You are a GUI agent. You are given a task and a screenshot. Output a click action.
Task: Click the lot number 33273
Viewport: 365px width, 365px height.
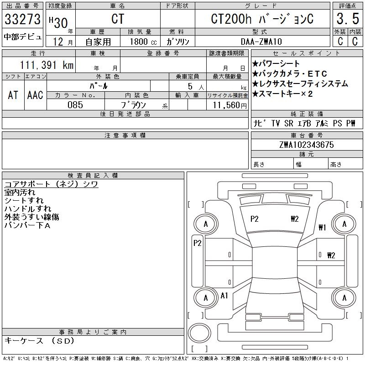pyautogui.click(x=23, y=20)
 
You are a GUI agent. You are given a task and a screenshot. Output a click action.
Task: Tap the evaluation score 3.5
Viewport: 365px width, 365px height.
pyautogui.click(x=346, y=20)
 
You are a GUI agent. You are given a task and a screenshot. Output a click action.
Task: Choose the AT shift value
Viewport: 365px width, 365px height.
pyautogui.click(x=13, y=95)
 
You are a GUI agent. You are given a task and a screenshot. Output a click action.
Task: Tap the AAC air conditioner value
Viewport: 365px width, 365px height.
pyautogui.click(x=35, y=95)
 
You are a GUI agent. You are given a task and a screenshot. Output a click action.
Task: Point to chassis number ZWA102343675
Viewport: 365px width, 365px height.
pyautogui.click(x=307, y=145)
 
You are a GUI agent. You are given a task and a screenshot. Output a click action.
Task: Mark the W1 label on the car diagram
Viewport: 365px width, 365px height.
pyautogui.click(x=322, y=227)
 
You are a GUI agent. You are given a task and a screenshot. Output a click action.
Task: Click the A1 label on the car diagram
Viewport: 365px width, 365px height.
pyautogui.click(x=224, y=296)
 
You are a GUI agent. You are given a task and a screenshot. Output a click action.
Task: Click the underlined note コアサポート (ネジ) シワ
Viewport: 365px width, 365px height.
pyautogui.click(x=51, y=184)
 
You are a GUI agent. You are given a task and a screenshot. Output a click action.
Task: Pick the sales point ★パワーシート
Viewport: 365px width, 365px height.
pyautogui.click(x=276, y=64)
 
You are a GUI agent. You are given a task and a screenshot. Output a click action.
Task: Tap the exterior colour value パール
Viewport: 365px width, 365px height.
pyautogui.click(x=108, y=85)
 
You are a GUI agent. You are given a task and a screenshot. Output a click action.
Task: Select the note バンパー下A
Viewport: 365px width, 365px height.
pyautogui.click(x=27, y=225)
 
